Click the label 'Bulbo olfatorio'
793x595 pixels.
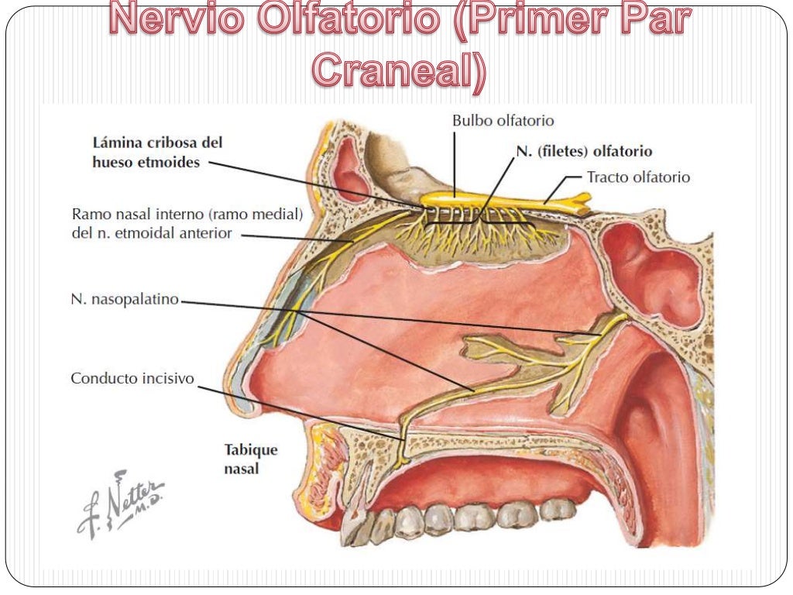(503, 121)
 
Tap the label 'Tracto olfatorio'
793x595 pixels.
(637, 177)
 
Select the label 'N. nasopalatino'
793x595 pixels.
(125, 299)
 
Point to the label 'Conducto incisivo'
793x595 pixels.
(132, 379)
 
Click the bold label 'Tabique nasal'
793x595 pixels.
(250, 459)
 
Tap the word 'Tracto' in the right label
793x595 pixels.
(606, 177)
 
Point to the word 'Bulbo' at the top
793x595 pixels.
(471, 121)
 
